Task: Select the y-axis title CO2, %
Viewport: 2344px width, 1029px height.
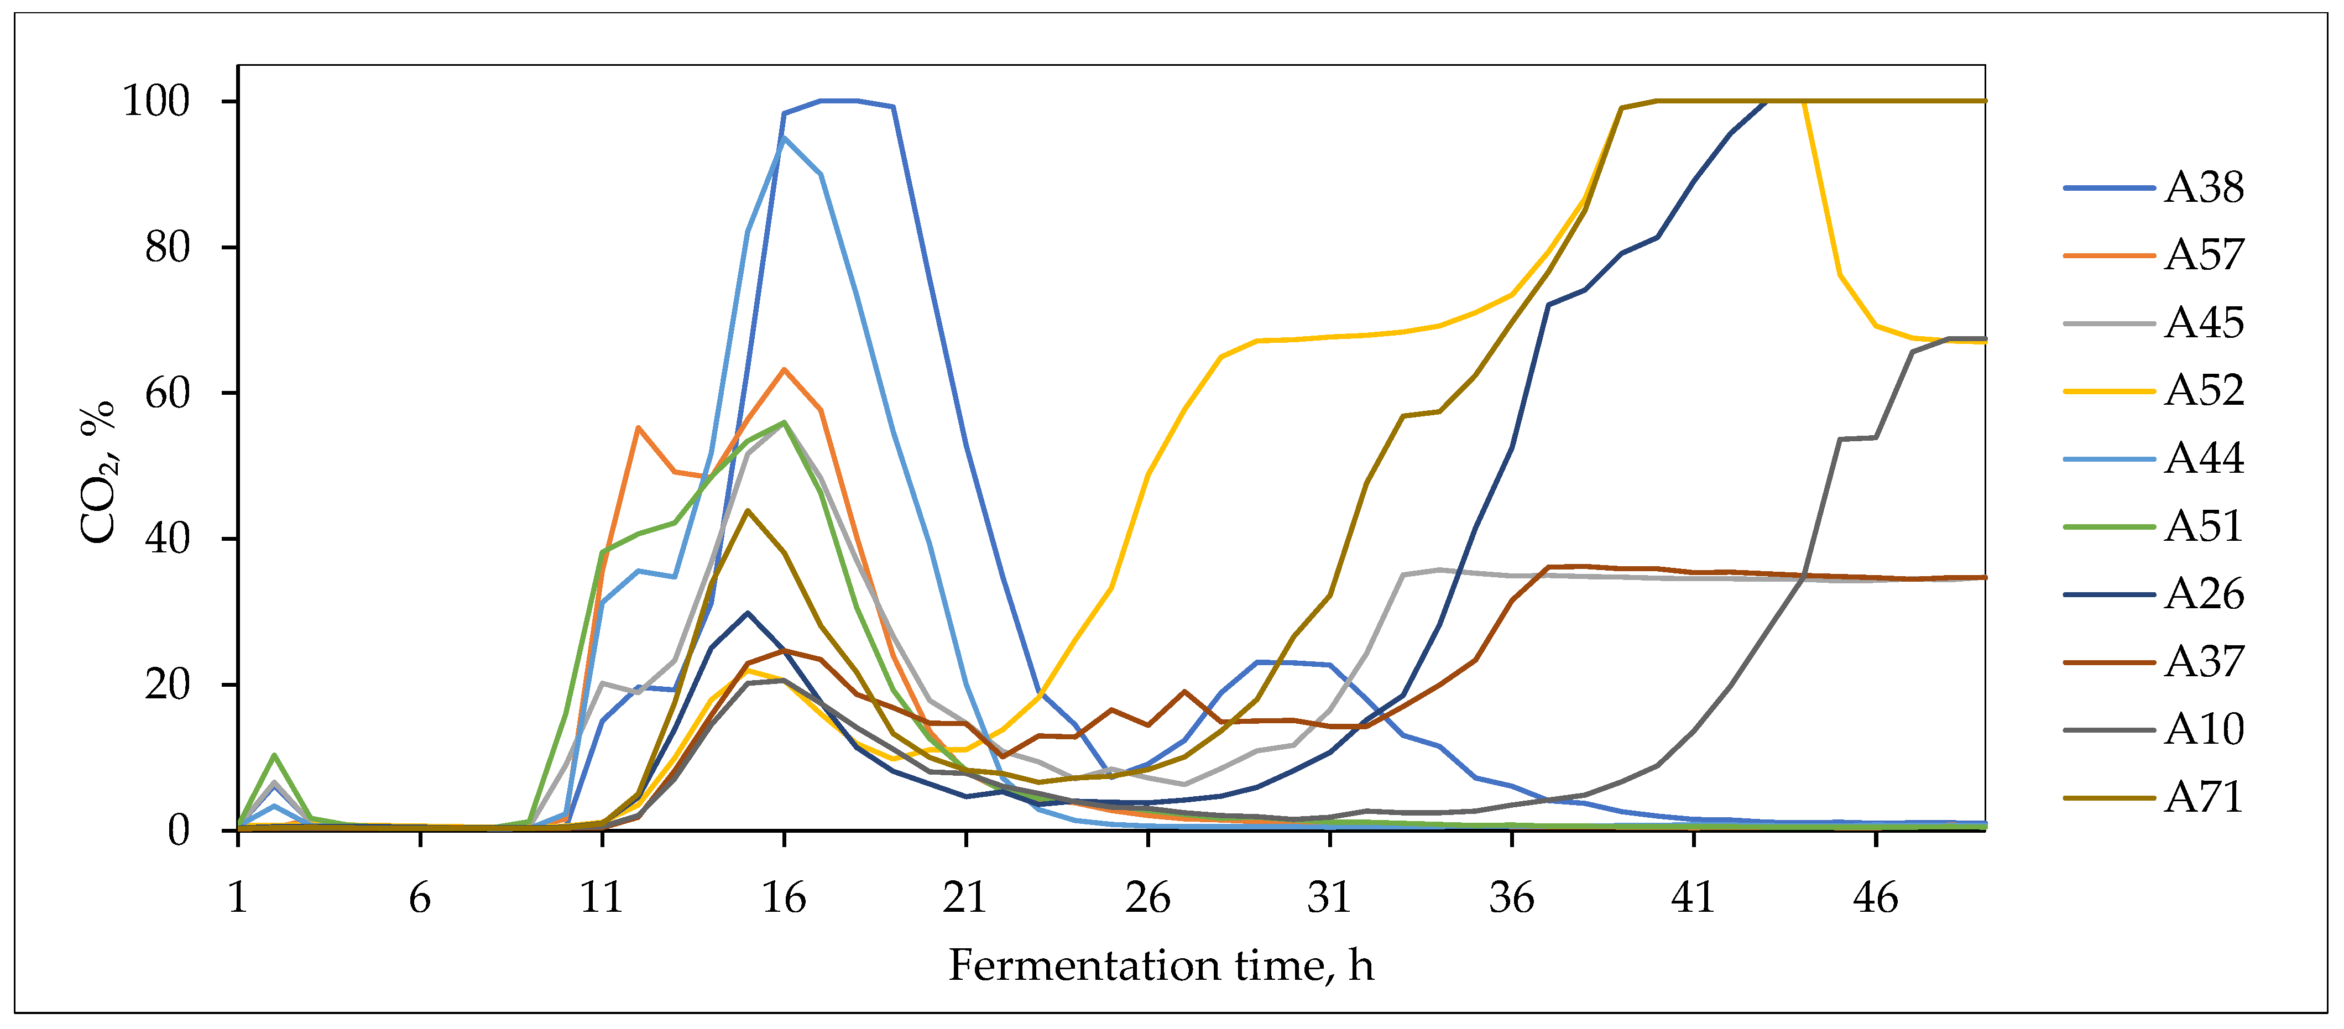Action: click(98, 471)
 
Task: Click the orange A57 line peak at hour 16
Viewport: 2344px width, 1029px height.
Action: click(784, 369)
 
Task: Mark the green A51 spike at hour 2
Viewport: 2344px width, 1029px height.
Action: click(274, 755)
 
